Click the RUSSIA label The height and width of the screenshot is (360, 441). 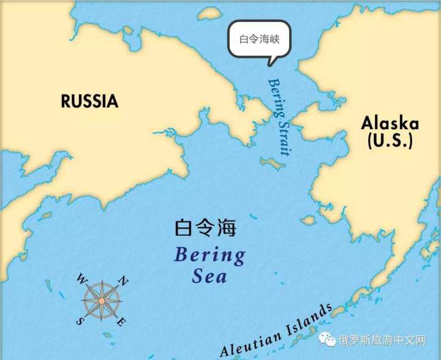(89, 101)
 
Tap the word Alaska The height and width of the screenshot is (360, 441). (390, 123)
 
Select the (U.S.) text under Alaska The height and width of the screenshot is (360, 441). (390, 141)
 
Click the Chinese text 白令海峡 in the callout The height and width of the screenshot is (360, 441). (259, 39)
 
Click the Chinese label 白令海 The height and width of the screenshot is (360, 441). (205, 228)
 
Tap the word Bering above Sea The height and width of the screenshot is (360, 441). (209, 255)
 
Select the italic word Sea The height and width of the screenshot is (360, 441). (209, 277)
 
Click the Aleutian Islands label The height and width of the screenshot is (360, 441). (276, 331)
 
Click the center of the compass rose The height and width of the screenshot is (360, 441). (102, 301)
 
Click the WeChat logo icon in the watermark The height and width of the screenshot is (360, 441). (330, 340)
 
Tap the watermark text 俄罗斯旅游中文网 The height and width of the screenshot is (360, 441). (382, 340)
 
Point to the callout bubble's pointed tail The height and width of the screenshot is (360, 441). (270, 61)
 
